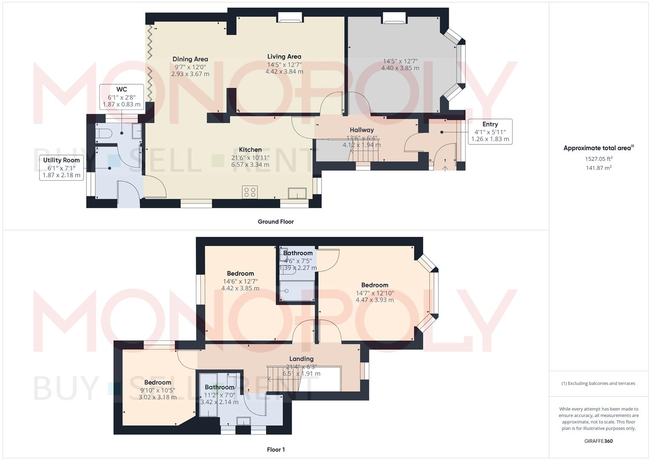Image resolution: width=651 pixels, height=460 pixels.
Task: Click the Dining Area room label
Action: pyautogui.click(x=190, y=59)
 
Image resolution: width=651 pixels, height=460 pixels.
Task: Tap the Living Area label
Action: pyautogui.click(x=284, y=57)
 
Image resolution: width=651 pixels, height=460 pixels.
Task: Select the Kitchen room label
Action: pyautogui.click(x=250, y=149)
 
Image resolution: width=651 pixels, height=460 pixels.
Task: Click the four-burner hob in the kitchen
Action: pyautogui.click(x=250, y=192)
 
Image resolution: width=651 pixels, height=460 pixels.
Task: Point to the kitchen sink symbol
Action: pyautogui.click(x=297, y=193)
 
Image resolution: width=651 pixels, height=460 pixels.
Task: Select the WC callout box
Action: pyautogui.click(x=122, y=97)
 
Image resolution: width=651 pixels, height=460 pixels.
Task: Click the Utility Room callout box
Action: pyautogui.click(x=61, y=168)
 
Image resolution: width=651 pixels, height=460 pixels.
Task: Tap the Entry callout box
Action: pyautogui.click(x=490, y=132)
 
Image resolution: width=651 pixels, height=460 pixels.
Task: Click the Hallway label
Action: pyautogui.click(x=362, y=130)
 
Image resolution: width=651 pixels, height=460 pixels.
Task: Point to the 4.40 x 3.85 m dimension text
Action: pyautogui.click(x=400, y=68)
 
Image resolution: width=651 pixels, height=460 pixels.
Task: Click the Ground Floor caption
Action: pyautogui.click(x=275, y=221)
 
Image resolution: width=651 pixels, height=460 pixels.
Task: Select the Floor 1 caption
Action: pyautogui.click(x=275, y=450)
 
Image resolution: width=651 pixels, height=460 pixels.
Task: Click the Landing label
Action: pyautogui.click(x=301, y=359)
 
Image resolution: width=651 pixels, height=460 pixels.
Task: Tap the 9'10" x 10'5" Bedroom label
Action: pyautogui.click(x=157, y=382)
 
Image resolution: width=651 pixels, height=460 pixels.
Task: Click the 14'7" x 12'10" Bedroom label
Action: pyautogui.click(x=374, y=285)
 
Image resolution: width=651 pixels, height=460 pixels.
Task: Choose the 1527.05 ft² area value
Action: pyautogui.click(x=599, y=159)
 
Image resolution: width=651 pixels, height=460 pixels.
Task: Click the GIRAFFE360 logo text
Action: pyautogui.click(x=598, y=441)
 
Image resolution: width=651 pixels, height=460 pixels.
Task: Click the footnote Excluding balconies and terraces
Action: pyautogui.click(x=598, y=383)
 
